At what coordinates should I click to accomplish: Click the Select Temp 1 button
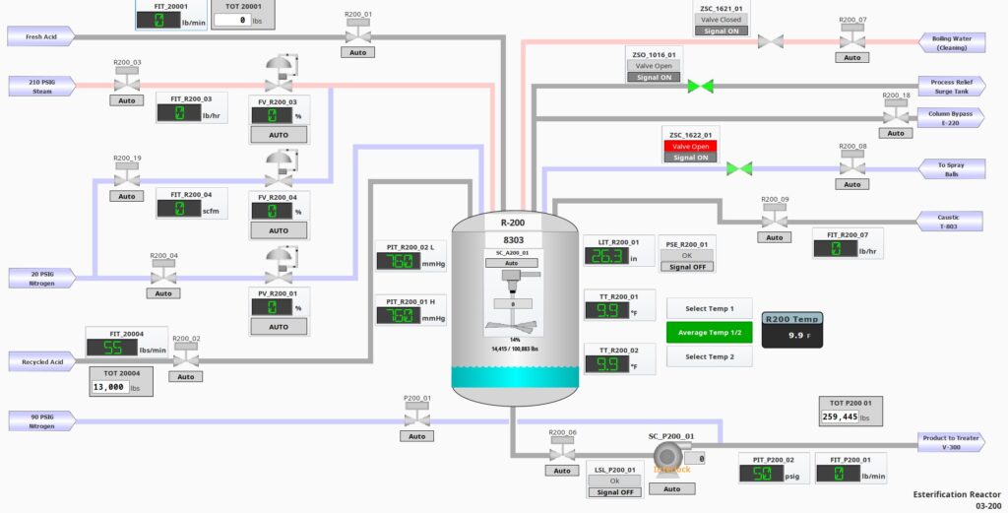[710, 308]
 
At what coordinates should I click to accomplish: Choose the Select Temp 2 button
[710, 356]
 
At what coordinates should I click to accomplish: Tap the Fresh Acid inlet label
[39, 37]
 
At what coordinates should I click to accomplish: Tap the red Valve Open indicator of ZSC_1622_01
[690, 146]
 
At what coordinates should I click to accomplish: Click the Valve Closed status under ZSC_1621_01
[721, 20]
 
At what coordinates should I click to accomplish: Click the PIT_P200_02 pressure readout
[764, 475]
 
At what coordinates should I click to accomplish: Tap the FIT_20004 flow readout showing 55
[111, 348]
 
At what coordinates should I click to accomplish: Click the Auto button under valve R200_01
[358, 52]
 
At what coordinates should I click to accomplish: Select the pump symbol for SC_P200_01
[670, 457]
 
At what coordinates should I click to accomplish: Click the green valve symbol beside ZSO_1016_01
[700, 87]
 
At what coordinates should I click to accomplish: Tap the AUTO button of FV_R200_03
[279, 134]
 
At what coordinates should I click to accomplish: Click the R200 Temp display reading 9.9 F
[792, 335]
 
